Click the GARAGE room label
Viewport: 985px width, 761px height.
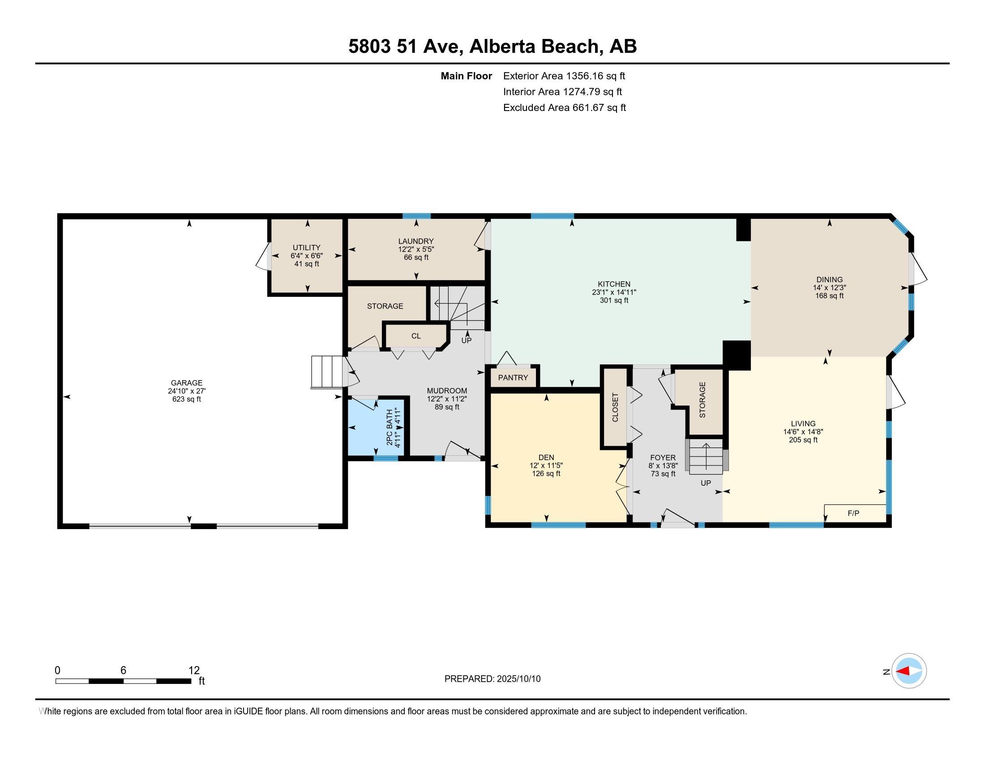[187, 383]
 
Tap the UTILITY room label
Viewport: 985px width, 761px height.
[307, 248]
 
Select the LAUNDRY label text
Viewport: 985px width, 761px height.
[416, 241]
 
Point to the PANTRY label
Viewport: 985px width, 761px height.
[513, 377]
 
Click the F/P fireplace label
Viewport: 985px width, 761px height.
[853, 513]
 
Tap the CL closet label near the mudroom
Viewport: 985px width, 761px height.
[416, 336]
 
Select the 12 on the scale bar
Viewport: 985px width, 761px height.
[194, 671]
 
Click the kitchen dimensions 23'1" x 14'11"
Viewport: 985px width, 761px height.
[614, 292]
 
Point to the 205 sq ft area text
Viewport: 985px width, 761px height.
[803, 440]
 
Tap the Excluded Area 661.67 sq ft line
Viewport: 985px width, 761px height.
[565, 108]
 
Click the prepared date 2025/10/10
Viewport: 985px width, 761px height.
[518, 679]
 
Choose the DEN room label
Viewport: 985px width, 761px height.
[546, 457]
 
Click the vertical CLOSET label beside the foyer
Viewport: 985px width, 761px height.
[615, 407]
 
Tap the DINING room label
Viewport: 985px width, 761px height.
[829, 279]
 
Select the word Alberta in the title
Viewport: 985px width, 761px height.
[502, 47]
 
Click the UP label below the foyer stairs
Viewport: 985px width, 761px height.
[706, 483]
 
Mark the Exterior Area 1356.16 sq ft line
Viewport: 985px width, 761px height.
[564, 76]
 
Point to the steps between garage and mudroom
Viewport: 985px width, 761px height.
[327, 372]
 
